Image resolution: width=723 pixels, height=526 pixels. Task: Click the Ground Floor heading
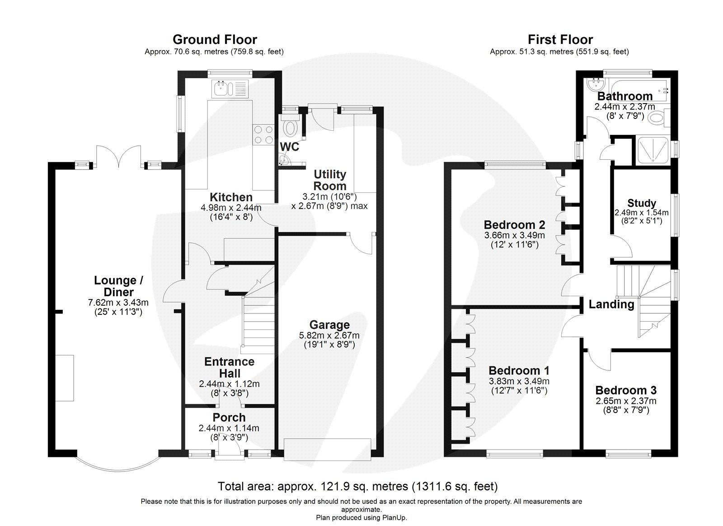click(x=215, y=40)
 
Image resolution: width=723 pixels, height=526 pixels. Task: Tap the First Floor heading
click(x=560, y=40)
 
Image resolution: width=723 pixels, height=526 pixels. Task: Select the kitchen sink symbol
click(x=230, y=88)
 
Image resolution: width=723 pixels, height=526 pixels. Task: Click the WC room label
click(x=289, y=147)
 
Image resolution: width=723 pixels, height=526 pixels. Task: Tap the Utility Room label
click(x=330, y=180)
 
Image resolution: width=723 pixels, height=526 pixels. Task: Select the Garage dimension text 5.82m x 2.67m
click(x=329, y=335)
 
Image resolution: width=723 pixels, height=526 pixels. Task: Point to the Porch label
click(x=229, y=417)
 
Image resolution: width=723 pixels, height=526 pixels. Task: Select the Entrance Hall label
click(x=229, y=367)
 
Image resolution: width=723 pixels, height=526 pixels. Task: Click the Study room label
click(x=641, y=203)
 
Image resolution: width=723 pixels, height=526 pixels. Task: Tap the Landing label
click(x=611, y=304)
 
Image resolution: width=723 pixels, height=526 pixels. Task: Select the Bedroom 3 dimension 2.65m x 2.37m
click(x=625, y=401)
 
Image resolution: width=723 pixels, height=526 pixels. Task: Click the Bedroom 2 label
click(x=514, y=225)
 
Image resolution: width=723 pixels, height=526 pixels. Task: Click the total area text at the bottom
click(x=357, y=486)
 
